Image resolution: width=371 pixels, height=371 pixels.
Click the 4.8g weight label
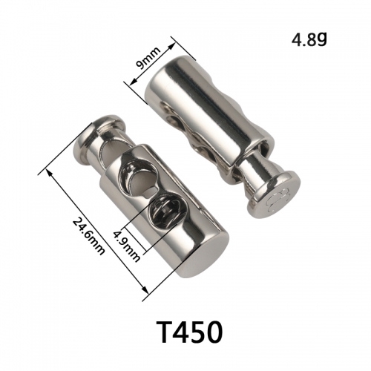pos(309,40)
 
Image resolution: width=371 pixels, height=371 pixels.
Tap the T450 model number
pos(189,332)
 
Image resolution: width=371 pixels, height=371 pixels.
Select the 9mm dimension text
pos(148,58)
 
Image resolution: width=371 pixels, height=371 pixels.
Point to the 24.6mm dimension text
pos(88,236)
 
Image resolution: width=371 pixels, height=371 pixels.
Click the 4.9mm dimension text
pos(126,246)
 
